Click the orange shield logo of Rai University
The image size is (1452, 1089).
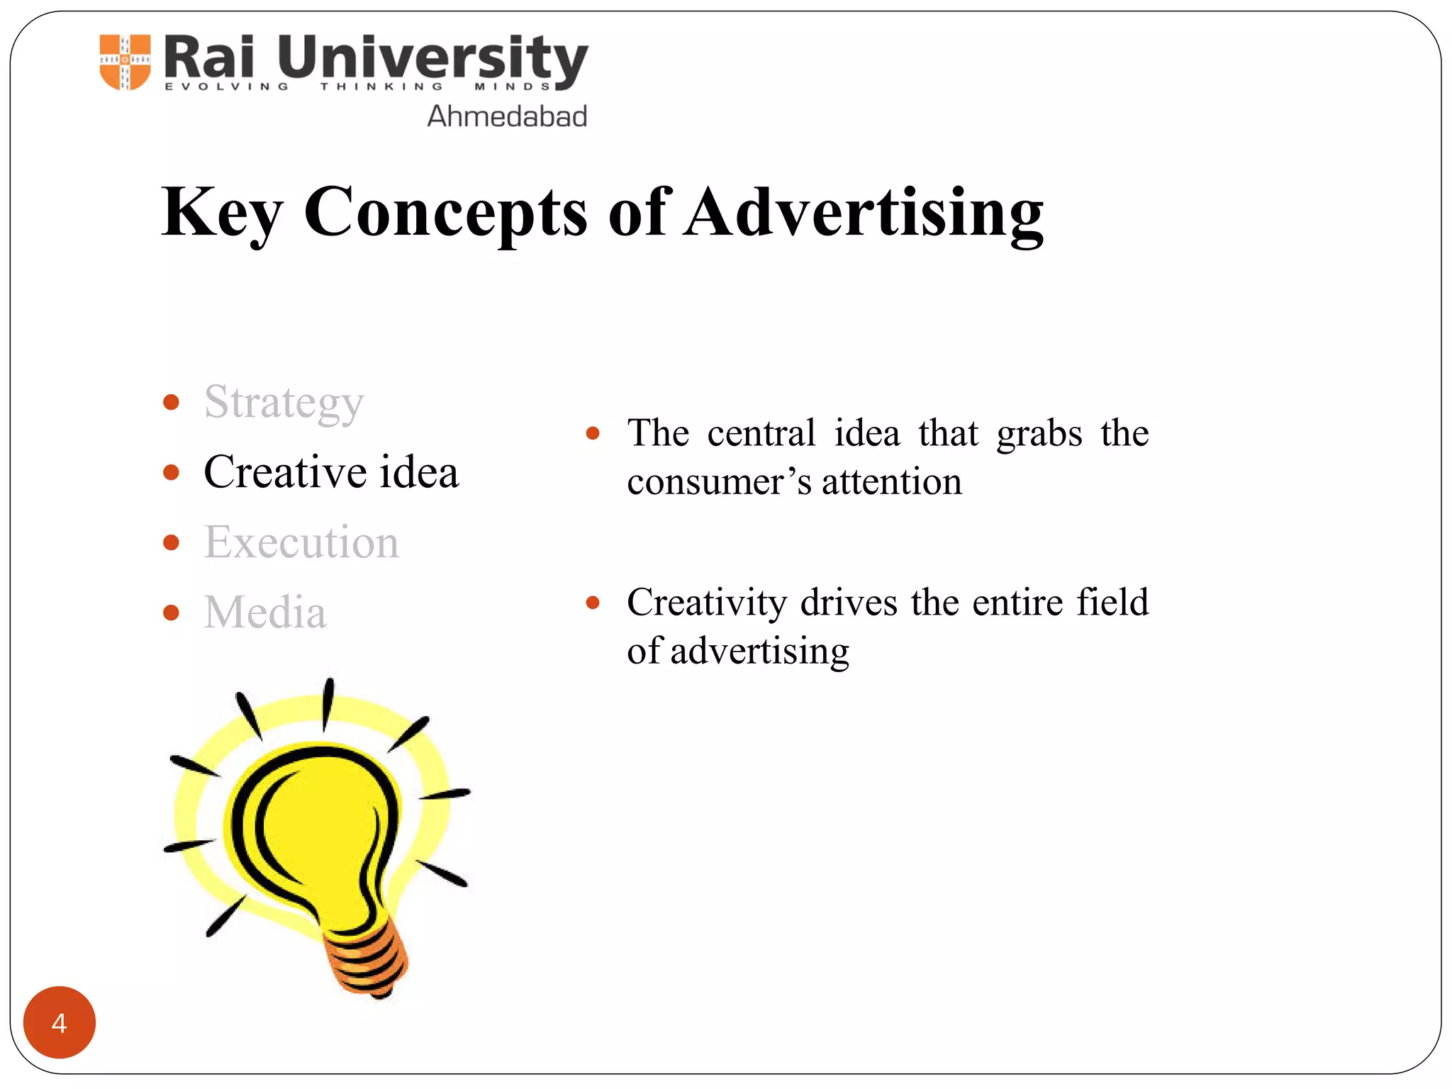click(x=125, y=62)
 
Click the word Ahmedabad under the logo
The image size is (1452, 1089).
click(x=507, y=116)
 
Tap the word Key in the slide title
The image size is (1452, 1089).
click(x=222, y=213)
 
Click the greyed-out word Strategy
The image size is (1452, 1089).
click(x=284, y=403)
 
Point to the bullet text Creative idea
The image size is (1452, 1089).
click(x=331, y=472)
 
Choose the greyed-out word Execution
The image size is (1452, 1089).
click(x=301, y=542)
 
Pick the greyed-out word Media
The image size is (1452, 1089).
click(x=265, y=612)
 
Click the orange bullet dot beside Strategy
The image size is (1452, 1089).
click(x=171, y=403)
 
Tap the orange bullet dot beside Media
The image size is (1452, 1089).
click(x=171, y=612)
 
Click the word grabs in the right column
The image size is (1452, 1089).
click(x=1039, y=434)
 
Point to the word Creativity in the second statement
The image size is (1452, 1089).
click(x=707, y=603)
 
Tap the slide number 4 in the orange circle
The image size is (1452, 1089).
click(x=60, y=1022)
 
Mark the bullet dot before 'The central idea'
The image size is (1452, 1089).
click(x=593, y=433)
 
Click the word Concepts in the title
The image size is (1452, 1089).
click(x=445, y=213)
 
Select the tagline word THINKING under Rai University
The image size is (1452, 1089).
click(x=381, y=87)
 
